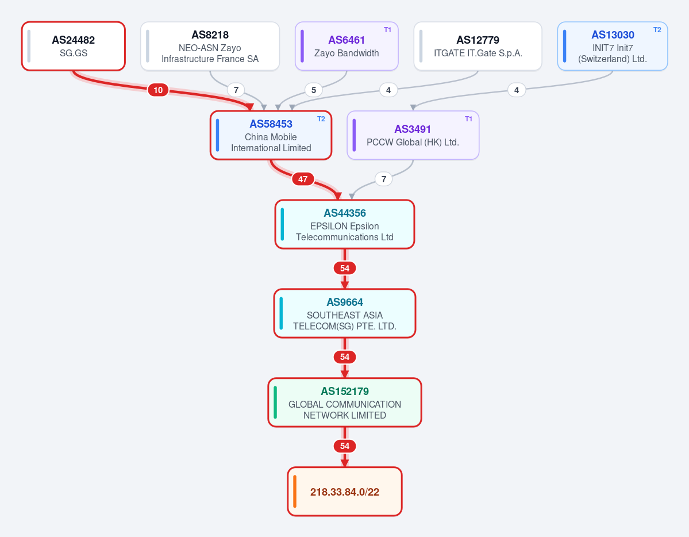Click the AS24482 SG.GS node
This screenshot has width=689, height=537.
pyautogui.click(x=74, y=46)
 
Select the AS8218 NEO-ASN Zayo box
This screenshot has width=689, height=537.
pyautogui.click(x=210, y=46)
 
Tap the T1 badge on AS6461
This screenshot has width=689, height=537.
pyautogui.click(x=387, y=30)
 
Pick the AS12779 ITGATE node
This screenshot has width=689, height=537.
pyautogui.click(x=478, y=46)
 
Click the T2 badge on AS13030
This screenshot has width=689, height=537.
pyautogui.click(x=657, y=30)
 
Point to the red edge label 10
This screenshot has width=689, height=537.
pyautogui.click(x=158, y=90)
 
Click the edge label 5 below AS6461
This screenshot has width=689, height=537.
pyautogui.click(x=314, y=90)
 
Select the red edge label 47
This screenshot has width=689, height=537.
pyautogui.click(x=303, y=179)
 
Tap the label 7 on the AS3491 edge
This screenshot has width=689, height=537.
pyautogui.click(x=384, y=179)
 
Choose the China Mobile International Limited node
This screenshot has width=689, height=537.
pyautogui.click(x=271, y=135)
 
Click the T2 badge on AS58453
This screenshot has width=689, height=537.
pyautogui.click(x=321, y=119)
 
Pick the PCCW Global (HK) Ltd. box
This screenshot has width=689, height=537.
pyautogui.click(x=413, y=135)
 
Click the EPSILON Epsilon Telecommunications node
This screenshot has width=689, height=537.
pyautogui.click(x=345, y=224)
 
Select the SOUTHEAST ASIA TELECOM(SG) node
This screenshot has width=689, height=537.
pyautogui.click(x=345, y=313)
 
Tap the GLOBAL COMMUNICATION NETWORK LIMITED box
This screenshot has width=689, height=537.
pyautogui.click(x=345, y=402)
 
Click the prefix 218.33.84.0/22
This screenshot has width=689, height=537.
pyautogui.click(x=345, y=491)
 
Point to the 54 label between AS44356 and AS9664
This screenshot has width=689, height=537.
pyautogui.click(x=345, y=268)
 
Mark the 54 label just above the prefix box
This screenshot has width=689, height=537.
pyautogui.click(x=345, y=446)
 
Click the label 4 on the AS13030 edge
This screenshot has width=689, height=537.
pyautogui.click(x=517, y=90)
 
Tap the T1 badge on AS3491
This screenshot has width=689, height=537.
pyautogui.click(x=468, y=119)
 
